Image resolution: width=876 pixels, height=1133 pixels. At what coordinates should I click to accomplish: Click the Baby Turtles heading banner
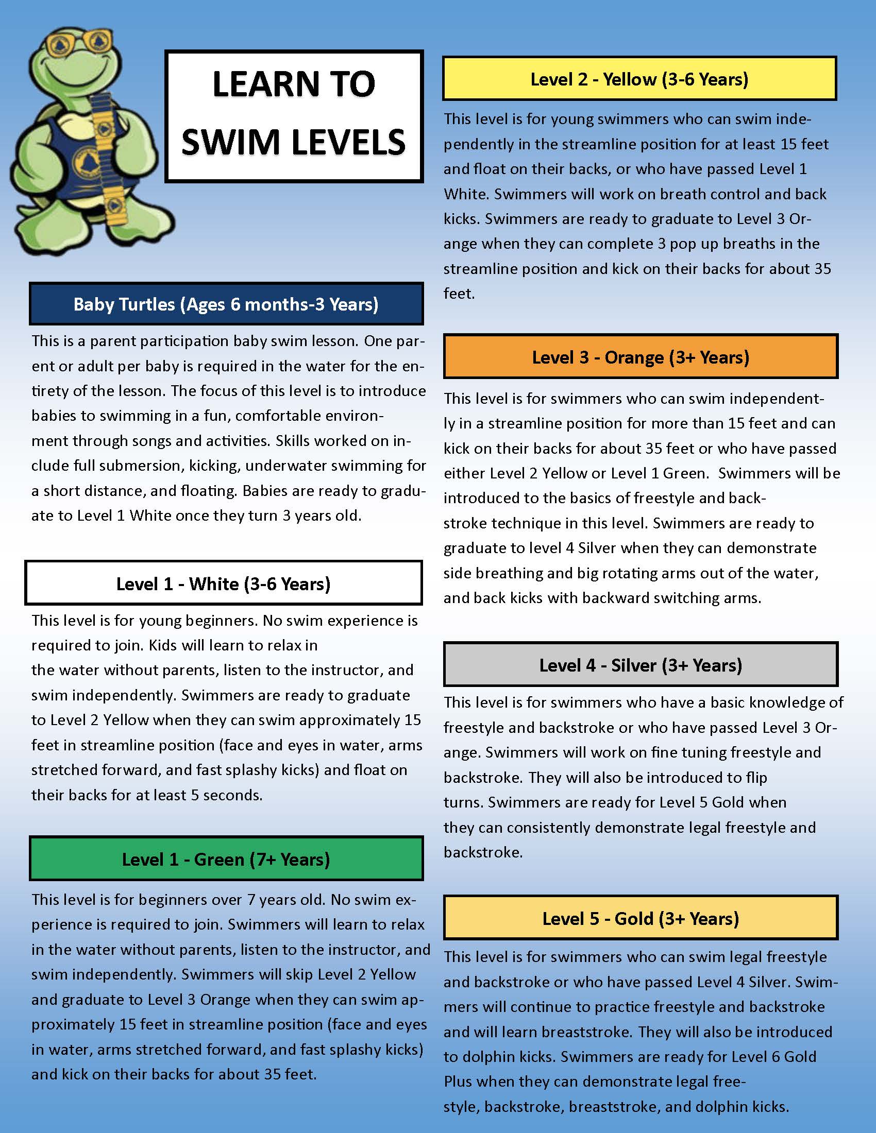coord(226,304)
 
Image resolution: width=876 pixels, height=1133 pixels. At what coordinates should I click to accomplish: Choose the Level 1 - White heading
coord(223,583)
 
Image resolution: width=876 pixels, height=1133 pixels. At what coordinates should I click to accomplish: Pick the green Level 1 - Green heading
coord(226,859)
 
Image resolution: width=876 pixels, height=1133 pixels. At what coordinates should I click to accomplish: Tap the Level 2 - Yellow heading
coord(639,79)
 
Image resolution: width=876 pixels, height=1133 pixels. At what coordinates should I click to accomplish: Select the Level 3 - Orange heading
coord(641,357)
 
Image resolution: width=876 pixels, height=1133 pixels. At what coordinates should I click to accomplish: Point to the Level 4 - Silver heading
coord(641,665)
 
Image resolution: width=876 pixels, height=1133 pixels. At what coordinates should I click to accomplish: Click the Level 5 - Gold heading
coord(641,918)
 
